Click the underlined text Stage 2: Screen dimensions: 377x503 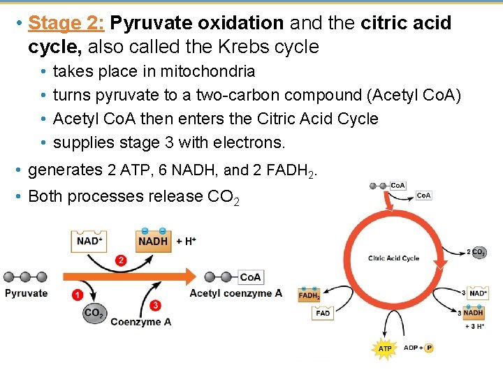[66, 23]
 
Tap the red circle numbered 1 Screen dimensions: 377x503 [77, 295]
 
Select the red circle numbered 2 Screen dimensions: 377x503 [121, 260]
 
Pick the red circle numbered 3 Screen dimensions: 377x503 [154, 306]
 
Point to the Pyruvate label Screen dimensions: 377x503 [27, 293]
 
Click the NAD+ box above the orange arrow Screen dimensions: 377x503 [89, 242]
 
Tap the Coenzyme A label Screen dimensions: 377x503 [140, 322]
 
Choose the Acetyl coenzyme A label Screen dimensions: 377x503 [235, 293]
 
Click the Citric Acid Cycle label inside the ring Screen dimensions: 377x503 [393, 258]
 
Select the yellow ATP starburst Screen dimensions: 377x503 [385, 348]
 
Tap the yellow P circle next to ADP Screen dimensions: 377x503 [429, 348]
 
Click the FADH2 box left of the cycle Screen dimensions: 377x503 [309, 296]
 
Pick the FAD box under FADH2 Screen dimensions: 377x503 [323, 313]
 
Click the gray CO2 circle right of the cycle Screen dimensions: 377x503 [479, 252]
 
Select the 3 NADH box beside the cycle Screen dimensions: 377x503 [476, 313]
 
